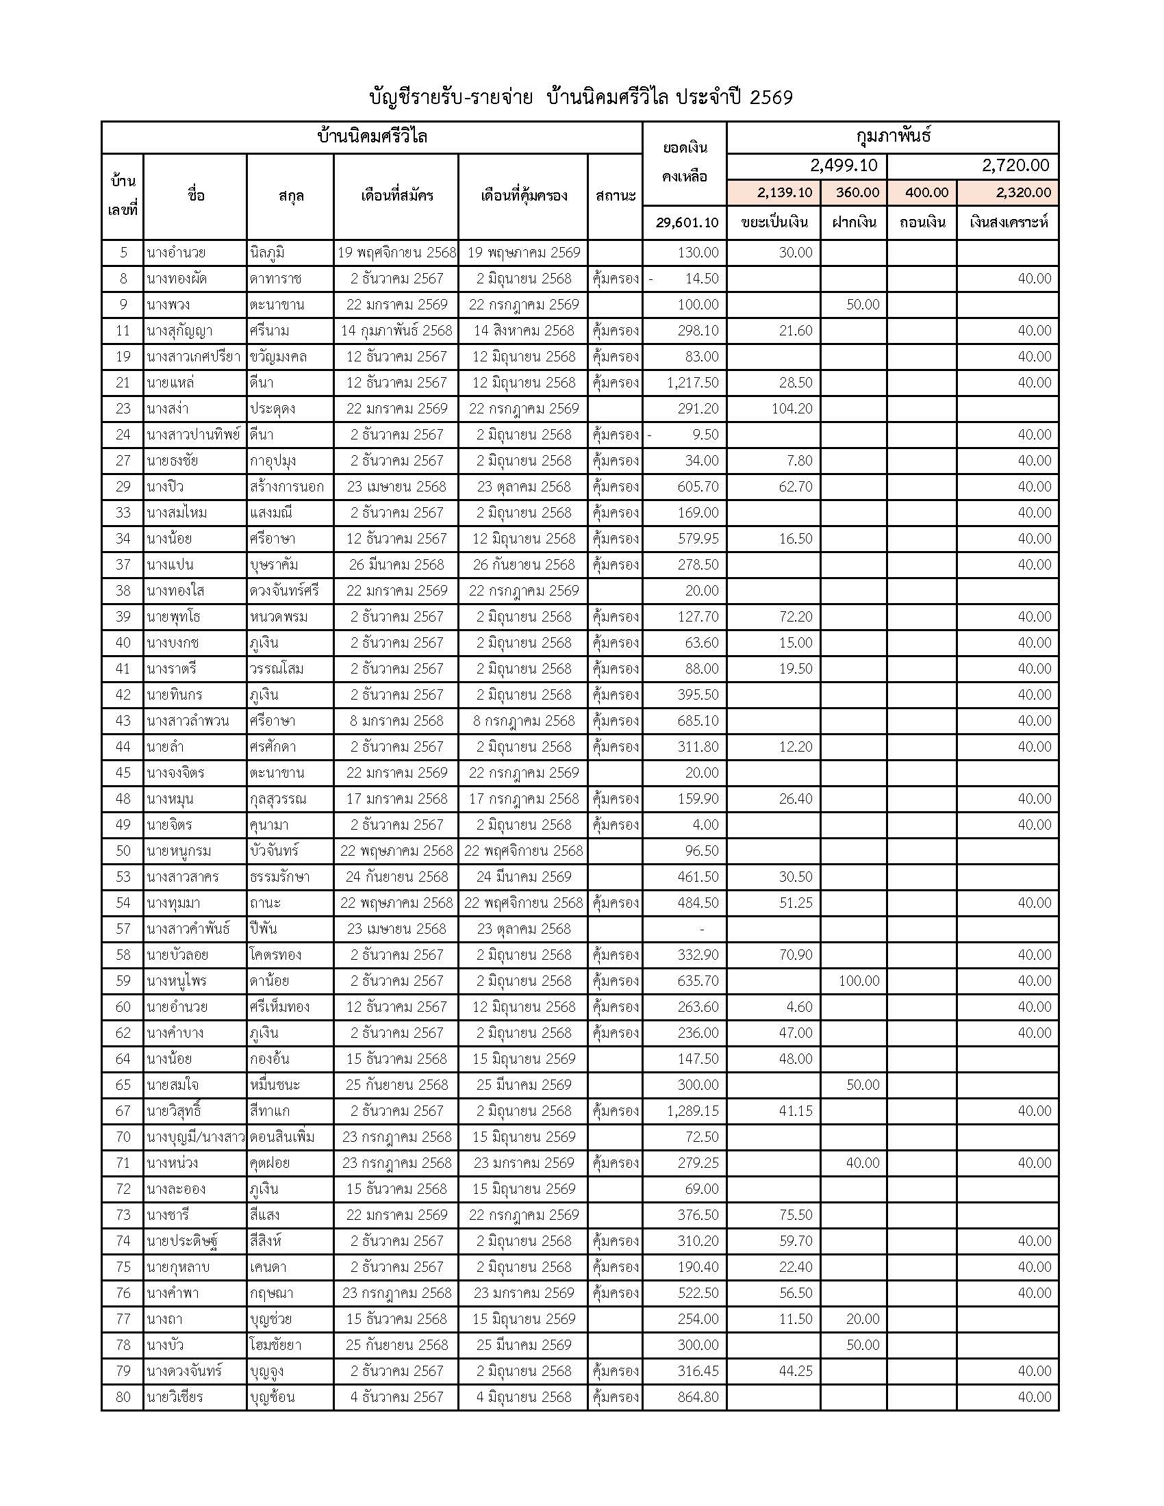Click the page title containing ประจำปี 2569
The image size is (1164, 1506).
pyautogui.click(x=581, y=97)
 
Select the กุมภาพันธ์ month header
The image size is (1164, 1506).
pyautogui.click(x=892, y=136)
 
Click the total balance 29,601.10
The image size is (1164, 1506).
pyautogui.click(x=687, y=222)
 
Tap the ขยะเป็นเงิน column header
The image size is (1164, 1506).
pyautogui.click(x=773, y=222)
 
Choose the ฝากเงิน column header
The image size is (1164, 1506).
pyautogui.click(x=854, y=222)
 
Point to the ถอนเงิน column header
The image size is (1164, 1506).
pyautogui.click(x=922, y=222)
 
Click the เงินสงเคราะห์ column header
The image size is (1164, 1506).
pyautogui.click(x=1007, y=222)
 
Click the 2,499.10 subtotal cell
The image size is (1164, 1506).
pyautogui.click(x=844, y=166)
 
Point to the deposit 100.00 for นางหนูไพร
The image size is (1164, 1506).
pyautogui.click(x=859, y=980)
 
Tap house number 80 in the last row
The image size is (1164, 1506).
pyautogui.click(x=123, y=1397)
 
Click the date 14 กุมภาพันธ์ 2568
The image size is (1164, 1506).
pyautogui.click(x=396, y=331)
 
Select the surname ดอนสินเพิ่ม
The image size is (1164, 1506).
pyautogui.click(x=282, y=1137)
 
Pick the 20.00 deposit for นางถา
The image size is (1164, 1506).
pyautogui.click(x=863, y=1319)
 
